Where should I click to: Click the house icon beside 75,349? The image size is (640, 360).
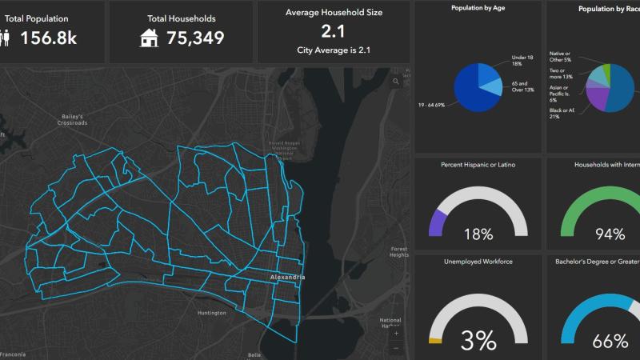point(148,38)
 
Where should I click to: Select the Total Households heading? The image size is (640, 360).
point(181,18)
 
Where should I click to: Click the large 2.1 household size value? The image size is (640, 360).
point(334,31)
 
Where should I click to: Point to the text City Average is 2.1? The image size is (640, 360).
point(334,50)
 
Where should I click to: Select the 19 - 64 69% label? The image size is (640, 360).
point(438,104)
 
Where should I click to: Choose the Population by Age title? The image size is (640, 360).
point(478,8)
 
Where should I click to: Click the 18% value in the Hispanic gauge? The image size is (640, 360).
point(478,234)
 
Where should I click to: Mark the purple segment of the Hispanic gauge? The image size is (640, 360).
point(437,222)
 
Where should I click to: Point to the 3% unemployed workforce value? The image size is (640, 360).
point(478,341)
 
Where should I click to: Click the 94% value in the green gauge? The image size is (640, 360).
point(610,234)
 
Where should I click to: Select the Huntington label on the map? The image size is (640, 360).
point(212,313)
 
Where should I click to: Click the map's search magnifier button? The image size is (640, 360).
point(395,81)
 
